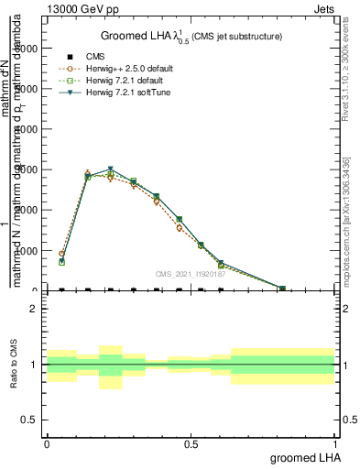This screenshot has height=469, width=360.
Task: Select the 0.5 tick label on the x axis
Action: [x=191, y=444]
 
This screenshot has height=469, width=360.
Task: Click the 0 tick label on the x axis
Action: [x=47, y=444]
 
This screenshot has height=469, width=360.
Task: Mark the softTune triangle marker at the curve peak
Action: [x=110, y=169]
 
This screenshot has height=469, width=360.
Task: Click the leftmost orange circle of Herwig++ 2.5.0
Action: [x=61, y=254]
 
